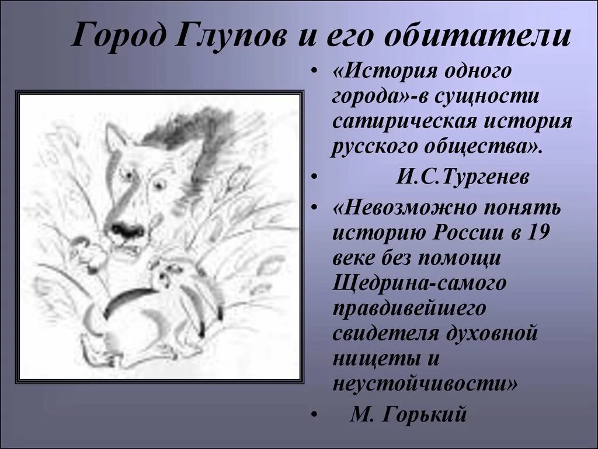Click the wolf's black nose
click(128, 229)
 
